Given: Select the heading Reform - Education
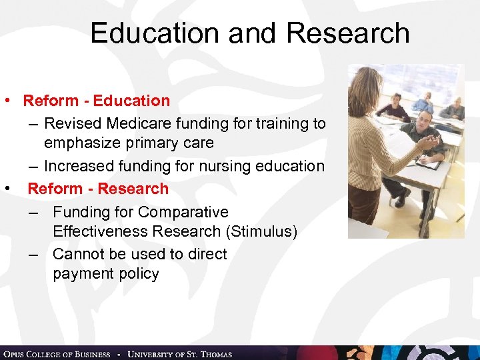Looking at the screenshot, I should tap(97, 101).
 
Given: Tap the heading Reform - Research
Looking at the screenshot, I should tap(98, 189).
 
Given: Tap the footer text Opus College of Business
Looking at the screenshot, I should tap(57, 354).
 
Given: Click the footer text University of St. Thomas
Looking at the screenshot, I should tap(179, 354).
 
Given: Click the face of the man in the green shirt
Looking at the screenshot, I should tap(421, 121).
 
